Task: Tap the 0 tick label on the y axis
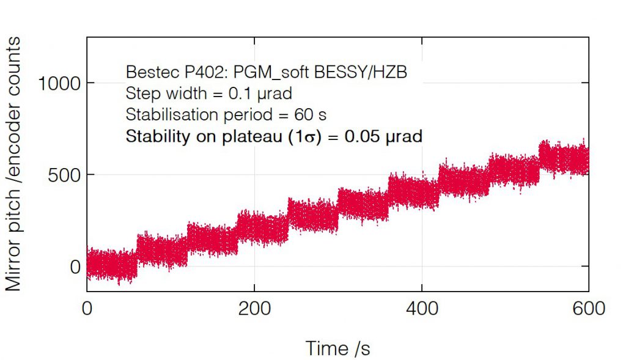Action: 76,266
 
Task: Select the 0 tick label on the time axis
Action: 87,308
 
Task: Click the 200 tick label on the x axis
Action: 254,308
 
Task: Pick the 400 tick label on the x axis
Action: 422,308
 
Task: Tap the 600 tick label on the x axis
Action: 588,308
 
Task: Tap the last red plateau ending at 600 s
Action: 564,159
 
